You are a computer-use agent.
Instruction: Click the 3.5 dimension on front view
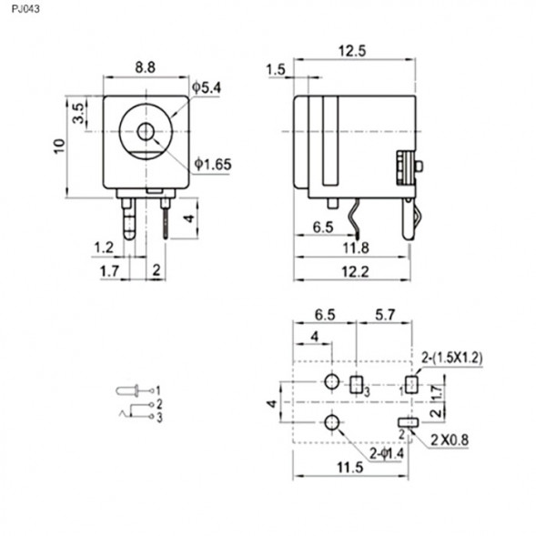click(79, 113)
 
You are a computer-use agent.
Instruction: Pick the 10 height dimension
click(59, 145)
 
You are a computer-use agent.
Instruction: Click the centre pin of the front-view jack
click(146, 133)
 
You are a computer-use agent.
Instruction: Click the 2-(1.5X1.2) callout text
click(452, 358)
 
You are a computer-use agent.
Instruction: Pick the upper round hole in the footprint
click(333, 382)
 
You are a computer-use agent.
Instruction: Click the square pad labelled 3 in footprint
click(357, 384)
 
